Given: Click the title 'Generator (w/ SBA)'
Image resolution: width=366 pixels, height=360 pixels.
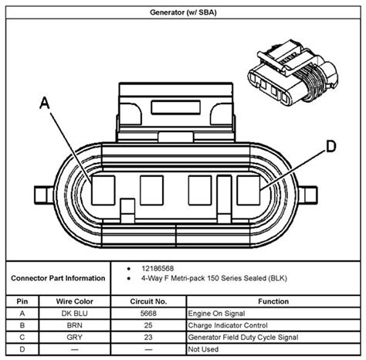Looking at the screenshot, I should pos(182,13).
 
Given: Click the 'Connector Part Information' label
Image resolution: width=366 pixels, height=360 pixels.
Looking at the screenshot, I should pos(59,277).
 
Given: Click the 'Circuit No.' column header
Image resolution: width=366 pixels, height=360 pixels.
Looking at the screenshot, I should pos(148,301).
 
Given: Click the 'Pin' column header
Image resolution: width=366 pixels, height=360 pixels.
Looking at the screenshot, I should pos(24,301).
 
